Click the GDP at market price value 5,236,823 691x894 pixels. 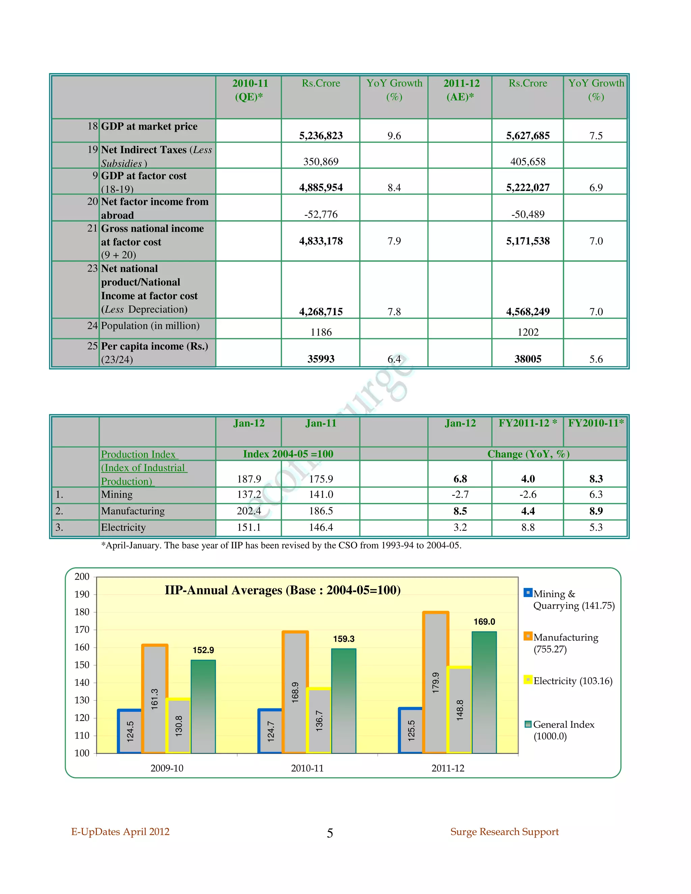point(321,136)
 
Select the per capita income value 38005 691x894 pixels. point(528,359)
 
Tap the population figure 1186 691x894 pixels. point(321,332)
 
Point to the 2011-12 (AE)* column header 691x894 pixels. point(461,90)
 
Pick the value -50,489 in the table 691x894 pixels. point(528,214)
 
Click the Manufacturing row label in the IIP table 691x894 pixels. point(133,511)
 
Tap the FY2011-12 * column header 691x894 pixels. point(527,423)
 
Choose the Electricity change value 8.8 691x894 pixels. point(528,527)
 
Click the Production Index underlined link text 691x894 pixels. point(138,454)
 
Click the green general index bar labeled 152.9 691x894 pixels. point(203,706)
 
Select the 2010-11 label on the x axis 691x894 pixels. point(307,768)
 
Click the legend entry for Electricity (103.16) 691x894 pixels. point(572,681)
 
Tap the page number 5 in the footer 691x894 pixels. point(330,833)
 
